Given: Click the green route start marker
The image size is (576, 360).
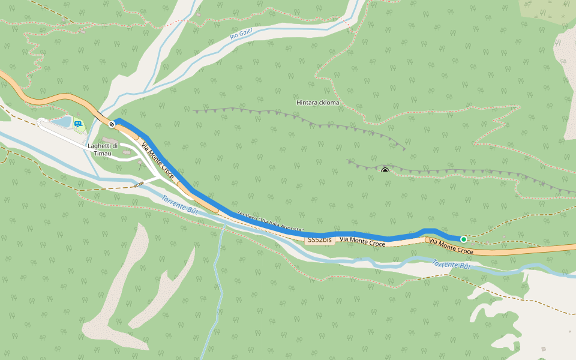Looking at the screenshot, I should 463,239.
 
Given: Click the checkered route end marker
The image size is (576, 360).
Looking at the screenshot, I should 112,124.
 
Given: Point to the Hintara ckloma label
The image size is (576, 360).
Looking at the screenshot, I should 317,103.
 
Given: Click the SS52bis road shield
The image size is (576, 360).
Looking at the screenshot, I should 320,240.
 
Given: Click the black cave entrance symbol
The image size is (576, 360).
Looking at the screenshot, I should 385,170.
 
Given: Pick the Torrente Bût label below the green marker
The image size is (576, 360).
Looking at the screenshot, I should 451,264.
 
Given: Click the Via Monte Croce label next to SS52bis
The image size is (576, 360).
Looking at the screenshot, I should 362,242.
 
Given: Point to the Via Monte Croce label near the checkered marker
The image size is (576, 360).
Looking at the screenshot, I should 157,161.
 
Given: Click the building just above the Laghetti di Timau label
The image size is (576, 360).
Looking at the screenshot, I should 105,140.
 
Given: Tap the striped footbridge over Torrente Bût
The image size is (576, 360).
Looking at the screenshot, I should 139,184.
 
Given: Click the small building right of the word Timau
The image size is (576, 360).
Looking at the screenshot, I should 127,154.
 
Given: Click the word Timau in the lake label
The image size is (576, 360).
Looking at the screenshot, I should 103,154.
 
